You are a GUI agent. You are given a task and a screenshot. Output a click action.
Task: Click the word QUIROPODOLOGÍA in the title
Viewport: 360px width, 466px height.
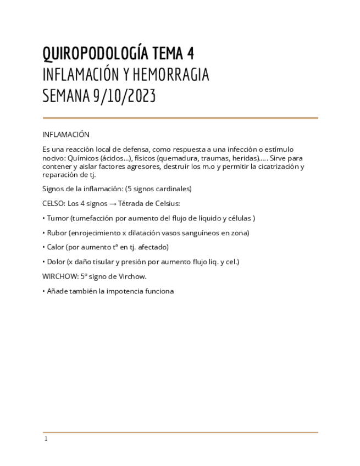click(95, 53)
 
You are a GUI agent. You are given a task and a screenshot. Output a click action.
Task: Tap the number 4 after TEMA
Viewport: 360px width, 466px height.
click(190, 53)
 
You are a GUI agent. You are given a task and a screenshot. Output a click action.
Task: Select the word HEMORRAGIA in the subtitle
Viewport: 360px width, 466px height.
click(171, 75)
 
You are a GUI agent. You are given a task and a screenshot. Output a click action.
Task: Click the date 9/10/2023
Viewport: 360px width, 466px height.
click(124, 96)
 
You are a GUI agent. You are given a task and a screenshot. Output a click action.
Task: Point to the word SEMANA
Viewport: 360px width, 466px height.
click(66, 96)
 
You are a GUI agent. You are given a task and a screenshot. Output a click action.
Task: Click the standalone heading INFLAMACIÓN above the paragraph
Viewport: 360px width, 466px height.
click(65, 135)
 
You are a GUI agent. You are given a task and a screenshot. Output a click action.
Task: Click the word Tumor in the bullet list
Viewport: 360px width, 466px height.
click(58, 218)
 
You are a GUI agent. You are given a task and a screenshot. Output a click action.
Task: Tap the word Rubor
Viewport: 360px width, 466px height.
click(57, 233)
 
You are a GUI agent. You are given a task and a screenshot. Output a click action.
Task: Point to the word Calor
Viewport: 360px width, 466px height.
click(56, 247)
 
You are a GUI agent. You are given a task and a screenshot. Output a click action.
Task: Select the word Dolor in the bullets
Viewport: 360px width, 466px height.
click(56, 262)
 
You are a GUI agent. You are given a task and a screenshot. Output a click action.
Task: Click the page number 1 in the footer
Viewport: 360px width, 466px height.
click(46, 439)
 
